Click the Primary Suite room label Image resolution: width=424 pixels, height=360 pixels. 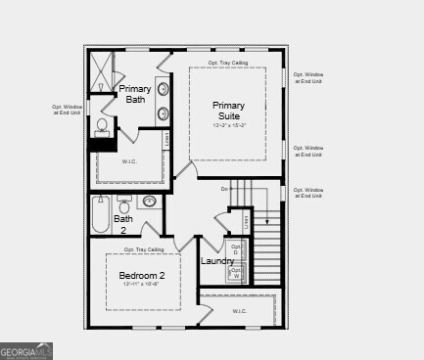228,110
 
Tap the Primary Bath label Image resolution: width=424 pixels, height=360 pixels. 135,94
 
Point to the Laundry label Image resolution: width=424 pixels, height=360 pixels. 217,261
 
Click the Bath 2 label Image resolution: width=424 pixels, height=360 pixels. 123,224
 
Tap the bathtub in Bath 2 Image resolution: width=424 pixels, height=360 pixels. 101,214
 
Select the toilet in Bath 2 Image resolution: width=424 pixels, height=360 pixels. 124,204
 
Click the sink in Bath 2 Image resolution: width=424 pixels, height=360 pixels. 149,202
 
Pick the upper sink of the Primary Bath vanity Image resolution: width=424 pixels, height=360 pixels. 163,89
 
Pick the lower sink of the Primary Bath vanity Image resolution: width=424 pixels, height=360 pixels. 163,113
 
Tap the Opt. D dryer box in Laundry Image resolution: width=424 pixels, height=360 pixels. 236,250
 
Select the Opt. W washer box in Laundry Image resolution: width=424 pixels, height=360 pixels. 236,274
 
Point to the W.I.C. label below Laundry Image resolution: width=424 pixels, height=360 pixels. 241,312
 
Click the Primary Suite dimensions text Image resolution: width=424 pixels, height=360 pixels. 228,126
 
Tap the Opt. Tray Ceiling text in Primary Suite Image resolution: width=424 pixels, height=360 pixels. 228,63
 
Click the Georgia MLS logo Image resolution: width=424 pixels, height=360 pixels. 26,350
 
